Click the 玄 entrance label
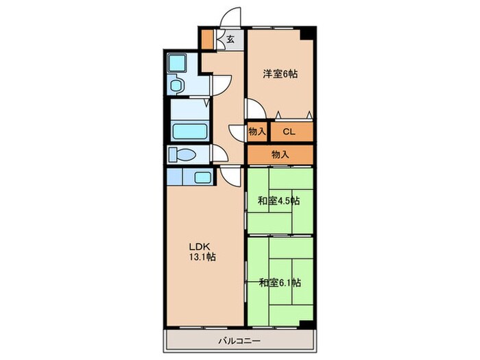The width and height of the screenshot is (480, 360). [x=231, y=39]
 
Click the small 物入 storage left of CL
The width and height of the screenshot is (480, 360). [x=257, y=131]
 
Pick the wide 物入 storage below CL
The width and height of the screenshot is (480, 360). [x=280, y=154]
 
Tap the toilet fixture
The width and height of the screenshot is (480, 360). [x=183, y=154]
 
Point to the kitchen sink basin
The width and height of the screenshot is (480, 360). [x=202, y=178]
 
